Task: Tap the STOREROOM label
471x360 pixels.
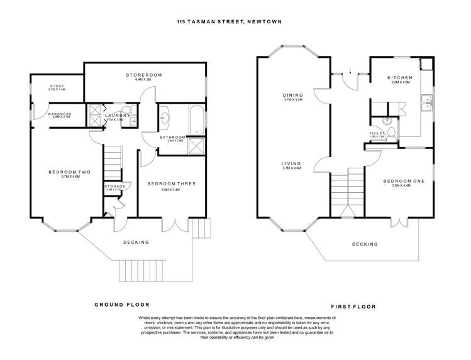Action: (143, 75)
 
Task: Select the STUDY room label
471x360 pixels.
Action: (57, 86)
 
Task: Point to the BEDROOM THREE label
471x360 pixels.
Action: (171, 183)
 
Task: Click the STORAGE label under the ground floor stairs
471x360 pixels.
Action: (115, 186)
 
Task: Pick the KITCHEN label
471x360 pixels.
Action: (400, 77)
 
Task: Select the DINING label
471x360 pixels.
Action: (292, 95)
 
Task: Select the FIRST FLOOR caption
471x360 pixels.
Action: (353, 307)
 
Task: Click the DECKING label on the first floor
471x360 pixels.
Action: (365, 244)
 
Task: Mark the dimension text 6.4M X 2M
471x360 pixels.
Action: (143, 80)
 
